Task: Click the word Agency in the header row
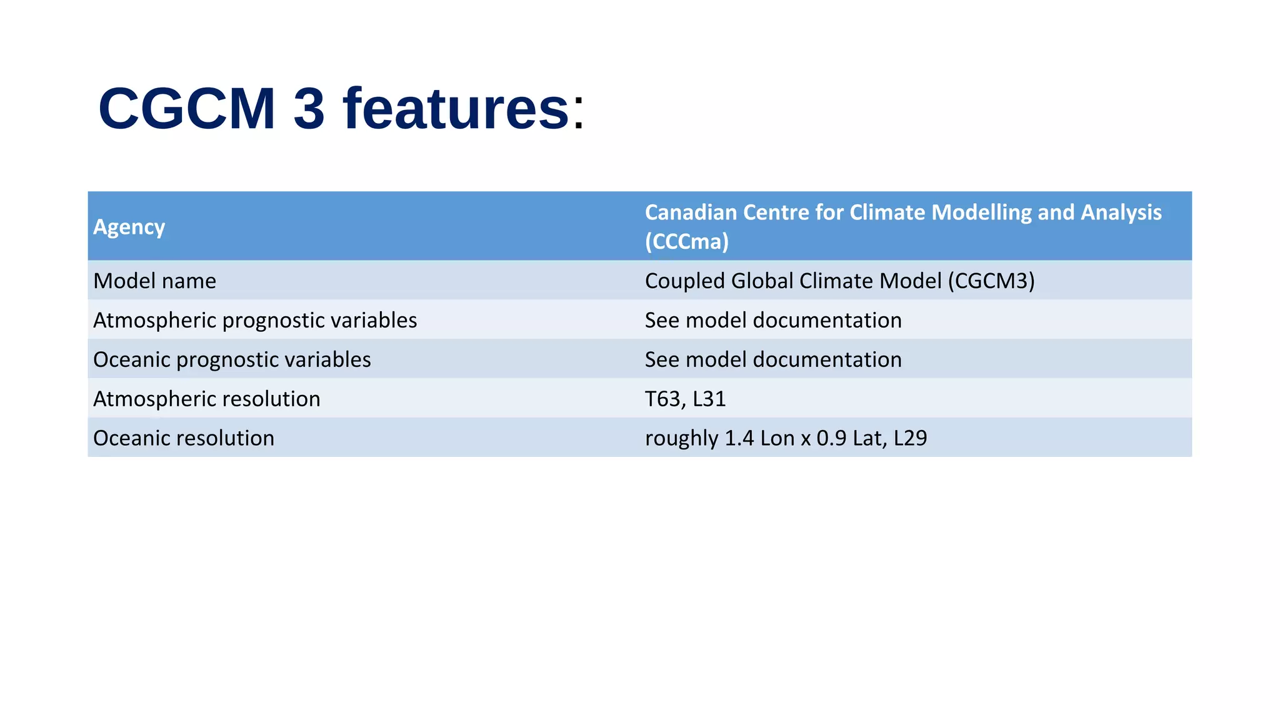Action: click(129, 227)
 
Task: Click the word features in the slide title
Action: click(456, 109)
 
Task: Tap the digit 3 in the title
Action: click(309, 109)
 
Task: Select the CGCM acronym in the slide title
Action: click(187, 109)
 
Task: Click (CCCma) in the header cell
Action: click(686, 241)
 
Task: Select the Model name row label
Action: click(154, 281)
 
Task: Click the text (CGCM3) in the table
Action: click(991, 281)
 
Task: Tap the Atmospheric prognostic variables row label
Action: click(255, 320)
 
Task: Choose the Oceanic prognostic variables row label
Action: click(232, 359)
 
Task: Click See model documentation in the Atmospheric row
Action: click(772, 320)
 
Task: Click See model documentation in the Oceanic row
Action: click(772, 359)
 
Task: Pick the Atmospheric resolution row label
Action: click(206, 399)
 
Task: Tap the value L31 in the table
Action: click(709, 399)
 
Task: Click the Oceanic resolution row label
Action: click(183, 438)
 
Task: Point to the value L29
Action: click(910, 438)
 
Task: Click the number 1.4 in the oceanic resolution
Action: click(739, 438)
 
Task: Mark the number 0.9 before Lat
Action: click(831, 438)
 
